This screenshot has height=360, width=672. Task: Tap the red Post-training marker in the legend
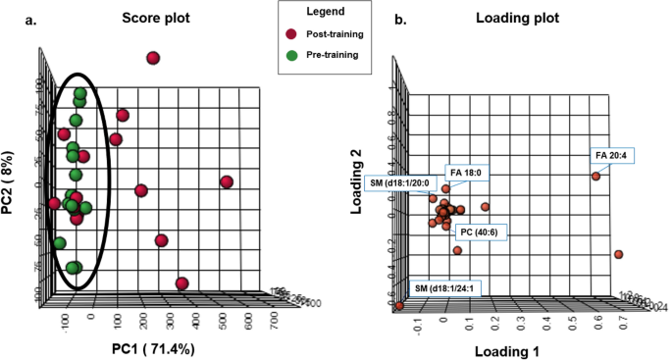(x=290, y=34)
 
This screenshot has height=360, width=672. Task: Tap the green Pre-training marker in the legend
(x=290, y=55)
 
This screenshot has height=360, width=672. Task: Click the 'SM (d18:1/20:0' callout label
(x=411, y=183)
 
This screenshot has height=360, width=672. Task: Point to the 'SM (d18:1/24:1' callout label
(x=445, y=288)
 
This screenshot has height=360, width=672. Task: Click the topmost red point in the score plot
(x=153, y=59)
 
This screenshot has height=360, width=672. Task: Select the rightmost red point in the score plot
(x=227, y=182)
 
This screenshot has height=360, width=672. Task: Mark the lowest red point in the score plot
(x=181, y=283)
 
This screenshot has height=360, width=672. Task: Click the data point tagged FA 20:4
(x=594, y=177)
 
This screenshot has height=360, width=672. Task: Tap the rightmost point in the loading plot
(x=618, y=255)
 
